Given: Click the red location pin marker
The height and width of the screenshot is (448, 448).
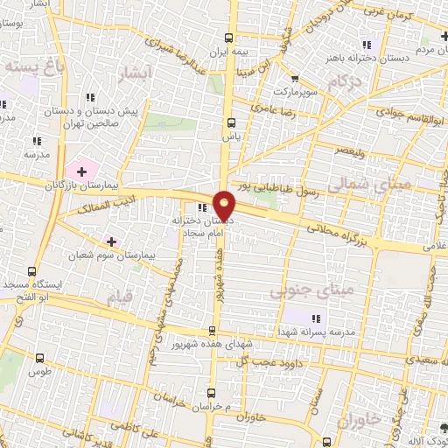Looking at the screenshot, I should pyautogui.click(x=225, y=205).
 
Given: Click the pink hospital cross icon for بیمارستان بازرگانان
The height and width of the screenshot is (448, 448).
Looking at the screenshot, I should pyautogui.click(x=84, y=169).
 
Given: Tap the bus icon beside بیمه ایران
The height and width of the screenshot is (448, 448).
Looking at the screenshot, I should pyautogui.click(x=229, y=38).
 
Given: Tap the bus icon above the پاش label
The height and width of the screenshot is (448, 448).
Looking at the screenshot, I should pyautogui.click(x=231, y=122).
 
